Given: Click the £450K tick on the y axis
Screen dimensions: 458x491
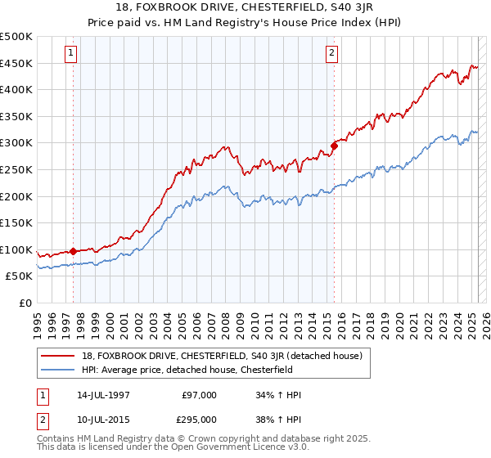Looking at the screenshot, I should pos(16,63).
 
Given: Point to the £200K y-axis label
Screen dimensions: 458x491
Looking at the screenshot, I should pos(16,196).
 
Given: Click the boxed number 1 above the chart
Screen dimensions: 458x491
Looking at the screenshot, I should pos(71,54).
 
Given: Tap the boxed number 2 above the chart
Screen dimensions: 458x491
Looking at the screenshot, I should pos(332,54).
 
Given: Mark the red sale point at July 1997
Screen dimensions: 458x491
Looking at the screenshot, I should pos(73,251).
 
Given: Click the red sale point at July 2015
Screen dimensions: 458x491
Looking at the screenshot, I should pos(334,146).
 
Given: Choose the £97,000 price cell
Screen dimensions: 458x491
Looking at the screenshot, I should pos(200,395).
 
